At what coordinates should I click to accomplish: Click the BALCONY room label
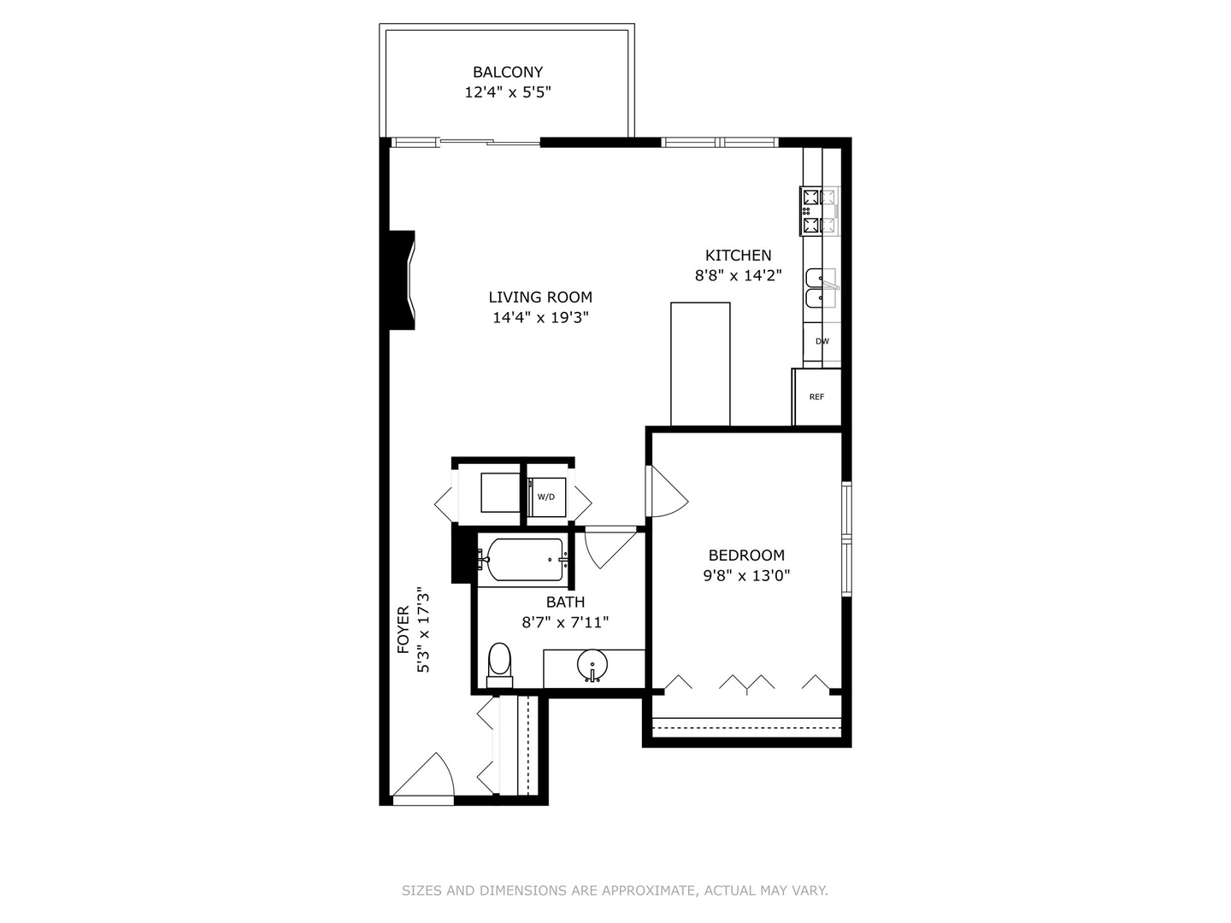(508, 73)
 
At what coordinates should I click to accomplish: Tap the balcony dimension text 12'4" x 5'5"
(508, 92)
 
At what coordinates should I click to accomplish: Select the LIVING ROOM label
(540, 297)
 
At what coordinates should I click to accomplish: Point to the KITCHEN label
(738, 256)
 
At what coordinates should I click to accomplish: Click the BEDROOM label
(746, 556)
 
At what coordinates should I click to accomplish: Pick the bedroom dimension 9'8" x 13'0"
(746, 576)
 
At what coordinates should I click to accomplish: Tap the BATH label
(565, 603)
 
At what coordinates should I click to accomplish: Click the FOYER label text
(403, 630)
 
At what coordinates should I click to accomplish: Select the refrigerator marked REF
(817, 397)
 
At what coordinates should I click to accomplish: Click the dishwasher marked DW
(822, 341)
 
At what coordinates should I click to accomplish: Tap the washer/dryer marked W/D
(546, 497)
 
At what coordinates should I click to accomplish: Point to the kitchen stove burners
(819, 211)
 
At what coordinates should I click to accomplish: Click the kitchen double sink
(822, 288)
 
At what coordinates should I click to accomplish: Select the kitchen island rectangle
(700, 363)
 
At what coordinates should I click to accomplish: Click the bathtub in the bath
(520, 560)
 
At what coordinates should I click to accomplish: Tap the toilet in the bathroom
(499, 665)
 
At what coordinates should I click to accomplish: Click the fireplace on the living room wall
(404, 279)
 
